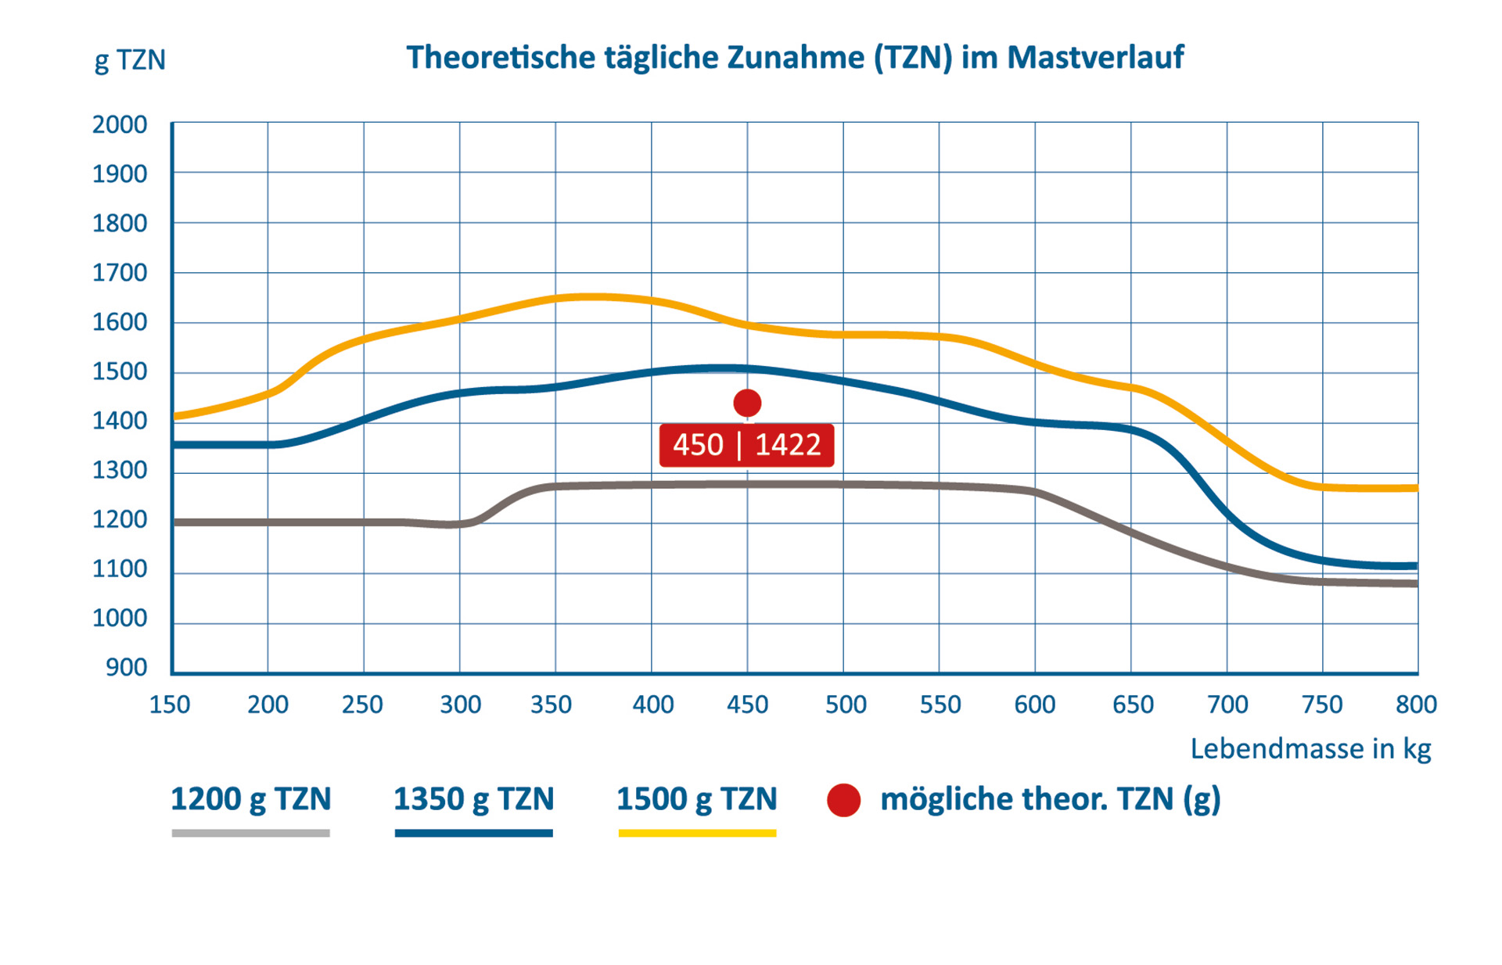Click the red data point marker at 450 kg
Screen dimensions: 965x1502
pos(747,403)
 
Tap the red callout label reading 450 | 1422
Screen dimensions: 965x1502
pos(746,445)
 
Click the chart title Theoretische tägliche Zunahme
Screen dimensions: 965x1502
pos(795,58)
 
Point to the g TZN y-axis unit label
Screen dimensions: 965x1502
pos(130,60)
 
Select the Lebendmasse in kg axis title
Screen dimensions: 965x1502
pos(1310,748)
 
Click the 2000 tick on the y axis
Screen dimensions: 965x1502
pos(120,124)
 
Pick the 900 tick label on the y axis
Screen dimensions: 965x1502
pos(127,667)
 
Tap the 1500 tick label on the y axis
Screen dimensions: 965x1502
pos(120,371)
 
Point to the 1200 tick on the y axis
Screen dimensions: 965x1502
pos(120,519)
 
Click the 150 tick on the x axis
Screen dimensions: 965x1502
pos(170,705)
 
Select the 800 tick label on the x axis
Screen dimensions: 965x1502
pos(1416,705)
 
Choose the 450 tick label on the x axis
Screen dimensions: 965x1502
pos(747,705)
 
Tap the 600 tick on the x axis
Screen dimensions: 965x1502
pos(1035,705)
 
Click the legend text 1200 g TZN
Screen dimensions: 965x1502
pos(251,799)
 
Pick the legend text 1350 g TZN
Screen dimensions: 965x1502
pos(474,799)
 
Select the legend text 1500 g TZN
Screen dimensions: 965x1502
pos(697,799)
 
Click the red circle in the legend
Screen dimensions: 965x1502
pos(844,800)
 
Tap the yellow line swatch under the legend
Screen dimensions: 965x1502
pos(697,834)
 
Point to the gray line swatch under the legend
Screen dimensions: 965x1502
pos(251,834)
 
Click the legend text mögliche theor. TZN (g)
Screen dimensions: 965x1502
pos(1051,799)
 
